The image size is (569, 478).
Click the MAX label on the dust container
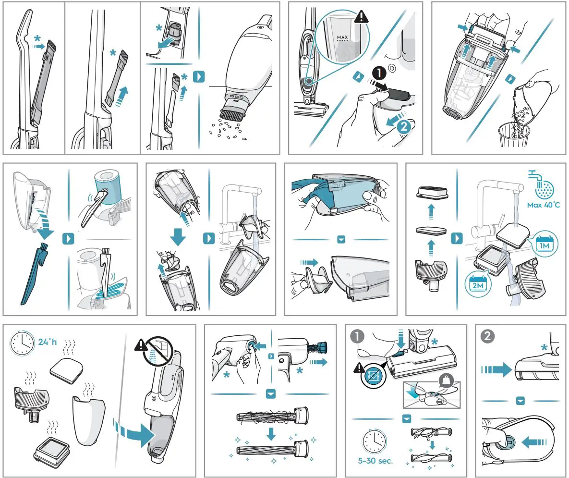pyautogui.click(x=342, y=37)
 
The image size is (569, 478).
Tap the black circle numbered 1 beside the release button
pyautogui.click(x=379, y=73)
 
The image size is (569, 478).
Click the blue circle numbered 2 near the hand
pyautogui.click(x=403, y=127)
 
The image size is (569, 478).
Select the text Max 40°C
pyautogui.click(x=543, y=205)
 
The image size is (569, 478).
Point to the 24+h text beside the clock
pyautogui.click(x=48, y=342)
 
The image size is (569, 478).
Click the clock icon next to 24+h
pyautogui.click(x=22, y=342)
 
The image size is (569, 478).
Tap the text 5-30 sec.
pyautogui.click(x=375, y=461)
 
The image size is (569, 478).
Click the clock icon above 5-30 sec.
pyautogui.click(x=375, y=441)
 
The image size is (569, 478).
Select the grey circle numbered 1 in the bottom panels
pyautogui.click(x=357, y=336)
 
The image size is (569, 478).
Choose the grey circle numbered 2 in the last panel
pyautogui.click(x=487, y=336)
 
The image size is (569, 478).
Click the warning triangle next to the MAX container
pyautogui.click(x=361, y=17)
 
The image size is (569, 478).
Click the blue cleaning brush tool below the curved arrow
pyautogui.click(x=35, y=274)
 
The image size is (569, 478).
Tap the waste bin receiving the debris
pyautogui.click(x=513, y=135)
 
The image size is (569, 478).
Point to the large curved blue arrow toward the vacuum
pyautogui.click(x=134, y=432)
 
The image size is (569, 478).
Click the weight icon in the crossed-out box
pyautogui.click(x=446, y=380)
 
